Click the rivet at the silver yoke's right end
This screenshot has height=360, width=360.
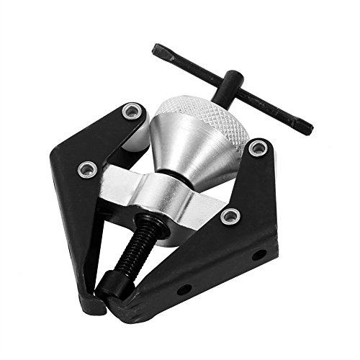(x=229, y=215)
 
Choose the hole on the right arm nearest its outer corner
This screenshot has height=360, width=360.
(x=256, y=253)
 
